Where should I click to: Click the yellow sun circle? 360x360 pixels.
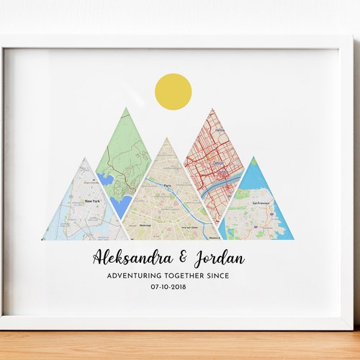point(173,91)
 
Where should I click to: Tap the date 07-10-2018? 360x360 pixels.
point(173,287)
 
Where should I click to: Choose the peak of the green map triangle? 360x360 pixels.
point(126,109)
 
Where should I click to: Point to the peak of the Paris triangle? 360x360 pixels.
point(166,138)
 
